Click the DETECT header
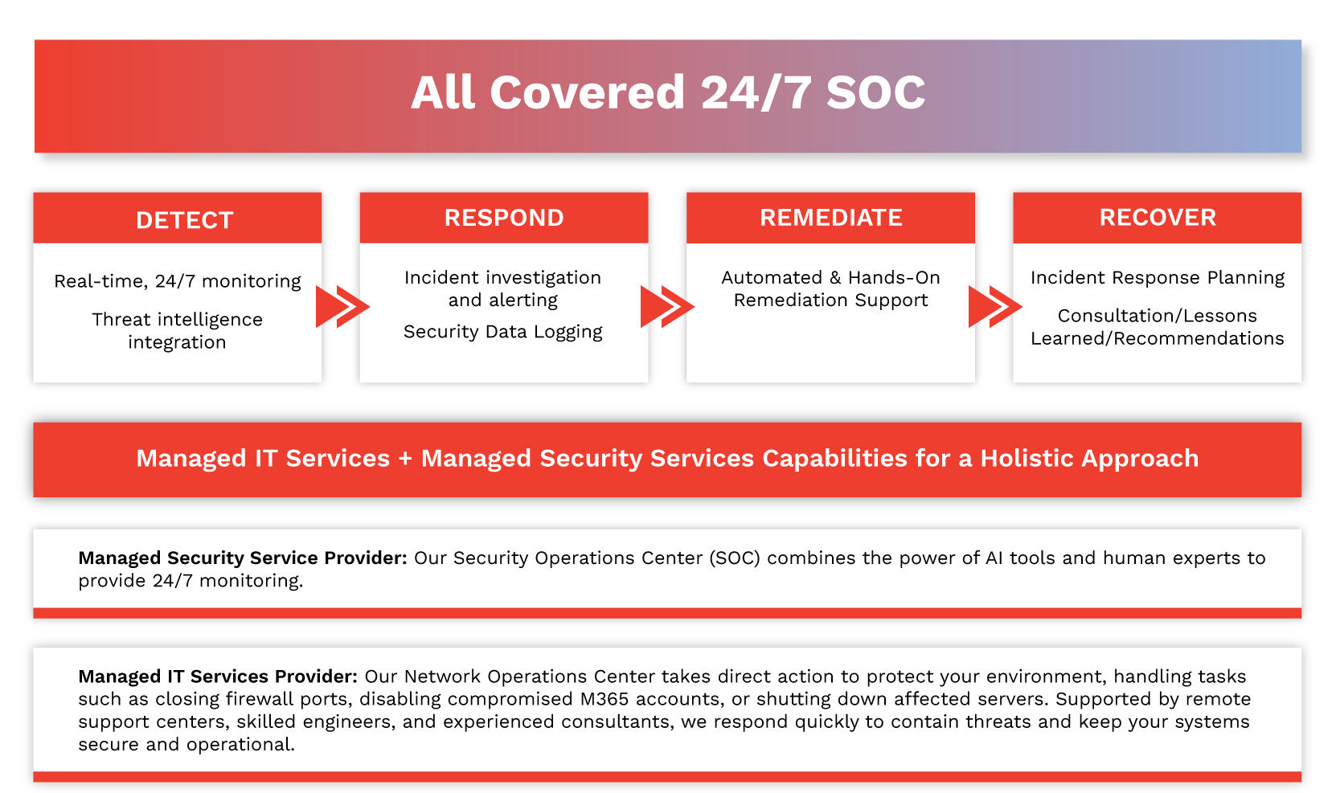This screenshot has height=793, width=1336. [x=185, y=220]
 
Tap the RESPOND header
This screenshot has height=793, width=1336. [x=504, y=218]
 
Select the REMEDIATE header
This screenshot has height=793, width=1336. [x=831, y=218]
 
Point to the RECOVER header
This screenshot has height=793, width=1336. [x=1158, y=218]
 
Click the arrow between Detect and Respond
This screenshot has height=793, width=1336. [x=342, y=306]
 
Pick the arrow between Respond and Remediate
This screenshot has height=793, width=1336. [x=666, y=306]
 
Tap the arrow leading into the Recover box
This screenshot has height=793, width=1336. [x=994, y=306]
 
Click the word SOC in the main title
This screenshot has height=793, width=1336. [x=875, y=92]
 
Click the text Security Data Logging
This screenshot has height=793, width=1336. [x=502, y=332]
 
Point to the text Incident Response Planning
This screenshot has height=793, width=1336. [x=1158, y=278]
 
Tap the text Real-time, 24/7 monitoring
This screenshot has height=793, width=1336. [x=178, y=281]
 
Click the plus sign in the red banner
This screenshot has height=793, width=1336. [x=405, y=459]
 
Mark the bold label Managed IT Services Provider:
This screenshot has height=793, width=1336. [x=218, y=677]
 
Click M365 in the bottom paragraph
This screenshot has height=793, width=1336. [x=604, y=699]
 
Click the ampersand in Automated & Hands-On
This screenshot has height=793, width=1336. [x=835, y=278]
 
